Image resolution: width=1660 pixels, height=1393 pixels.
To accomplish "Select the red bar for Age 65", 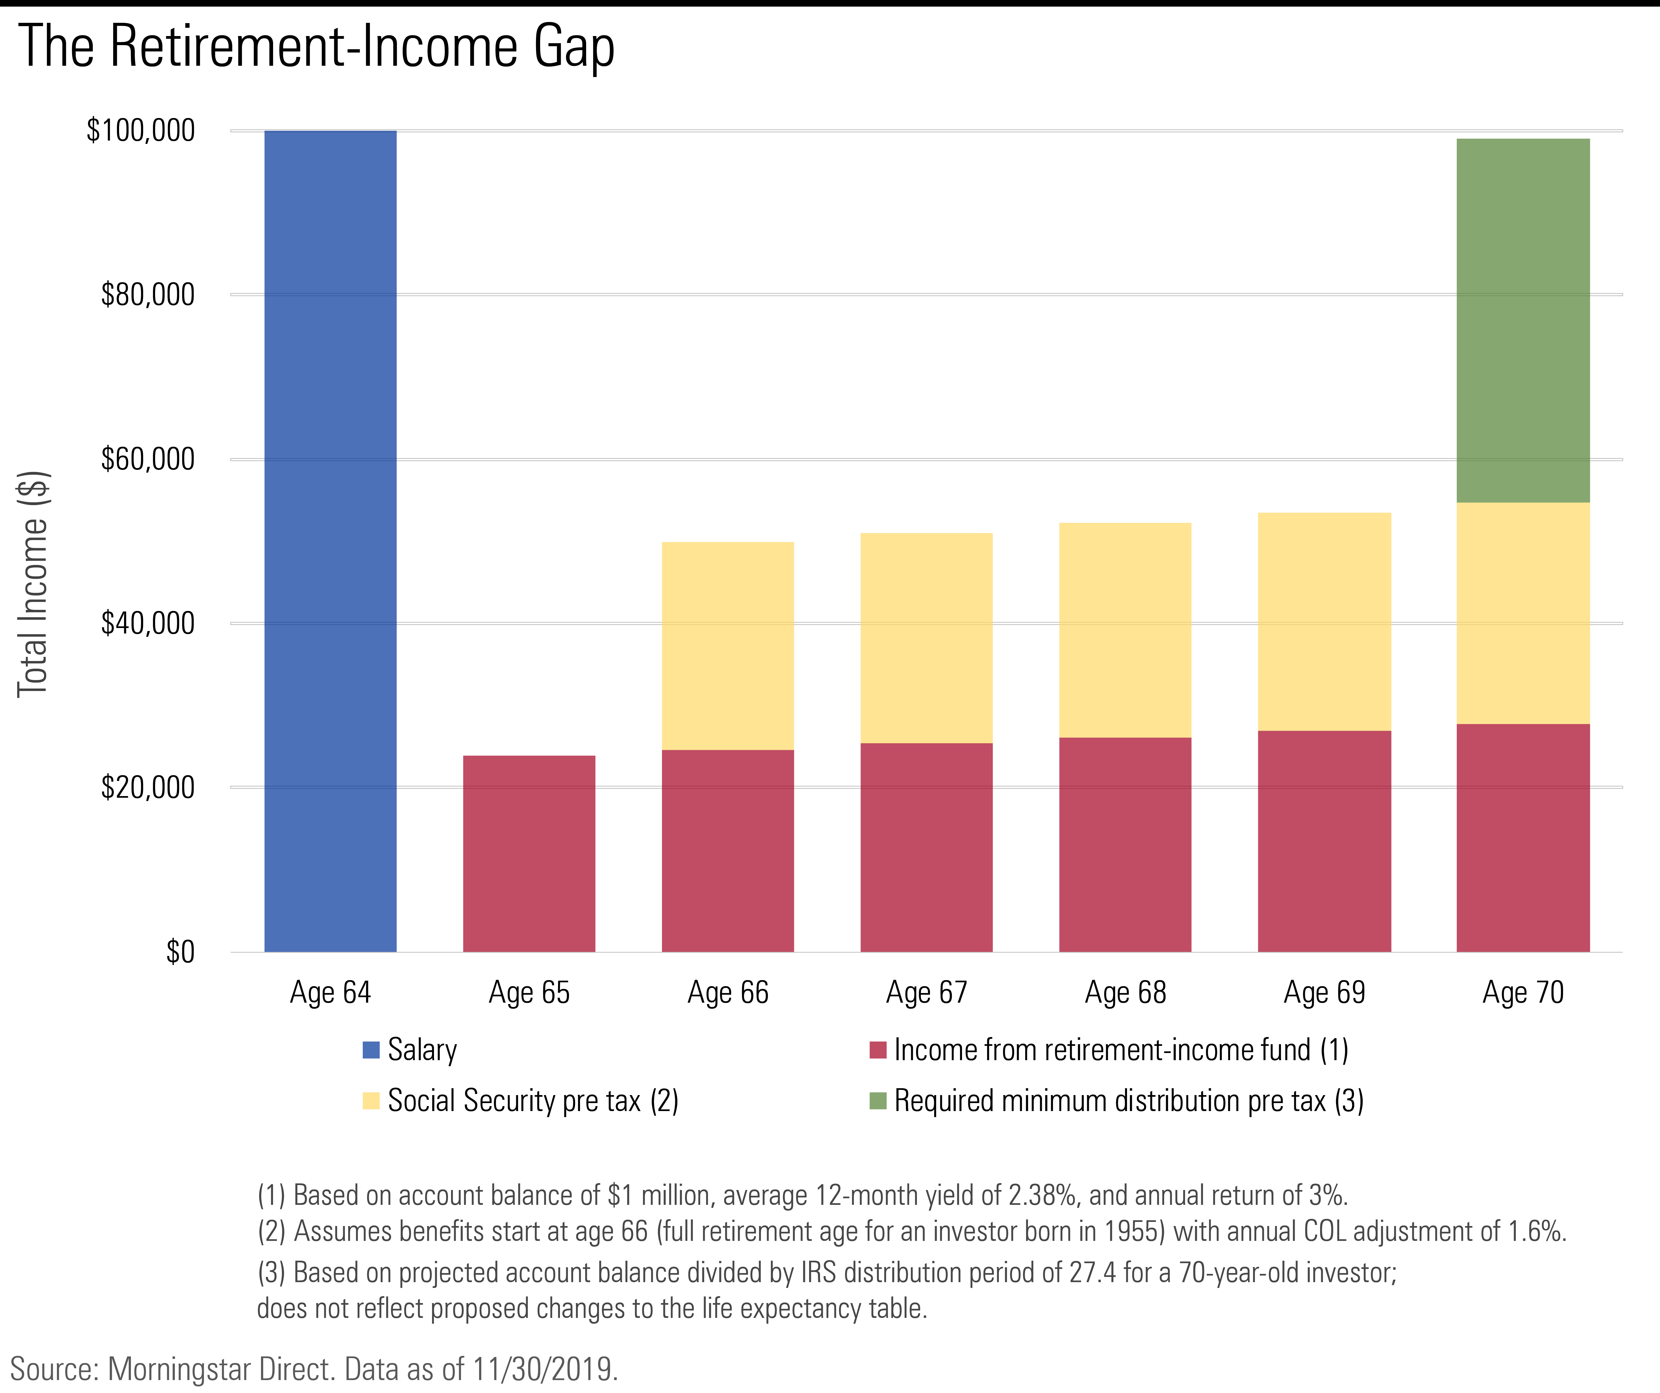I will tap(529, 854).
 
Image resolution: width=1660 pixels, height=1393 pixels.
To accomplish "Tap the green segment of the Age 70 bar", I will tap(1522, 320).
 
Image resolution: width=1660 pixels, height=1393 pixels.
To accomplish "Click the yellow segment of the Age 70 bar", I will tap(1522, 613).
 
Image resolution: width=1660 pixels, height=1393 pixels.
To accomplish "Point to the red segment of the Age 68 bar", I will tap(1125, 844).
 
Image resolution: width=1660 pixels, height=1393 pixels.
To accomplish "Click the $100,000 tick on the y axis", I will tap(141, 130).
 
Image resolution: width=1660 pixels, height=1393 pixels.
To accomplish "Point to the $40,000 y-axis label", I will tap(148, 623).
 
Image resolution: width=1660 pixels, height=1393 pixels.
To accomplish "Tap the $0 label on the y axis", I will tap(180, 952).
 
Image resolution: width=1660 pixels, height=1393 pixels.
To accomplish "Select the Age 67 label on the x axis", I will tap(927, 992).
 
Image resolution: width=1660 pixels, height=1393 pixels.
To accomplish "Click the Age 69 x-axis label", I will tap(1324, 992).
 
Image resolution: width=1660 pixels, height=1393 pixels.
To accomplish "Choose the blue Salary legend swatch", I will tap(371, 1050).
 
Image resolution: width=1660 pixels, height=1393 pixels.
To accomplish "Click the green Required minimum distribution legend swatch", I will tap(877, 1101).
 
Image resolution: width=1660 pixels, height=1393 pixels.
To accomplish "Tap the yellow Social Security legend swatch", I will tap(371, 1101).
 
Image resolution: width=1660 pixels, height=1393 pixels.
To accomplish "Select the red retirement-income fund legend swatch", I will tap(877, 1050).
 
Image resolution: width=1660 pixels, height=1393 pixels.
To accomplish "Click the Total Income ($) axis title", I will tap(33, 583).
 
